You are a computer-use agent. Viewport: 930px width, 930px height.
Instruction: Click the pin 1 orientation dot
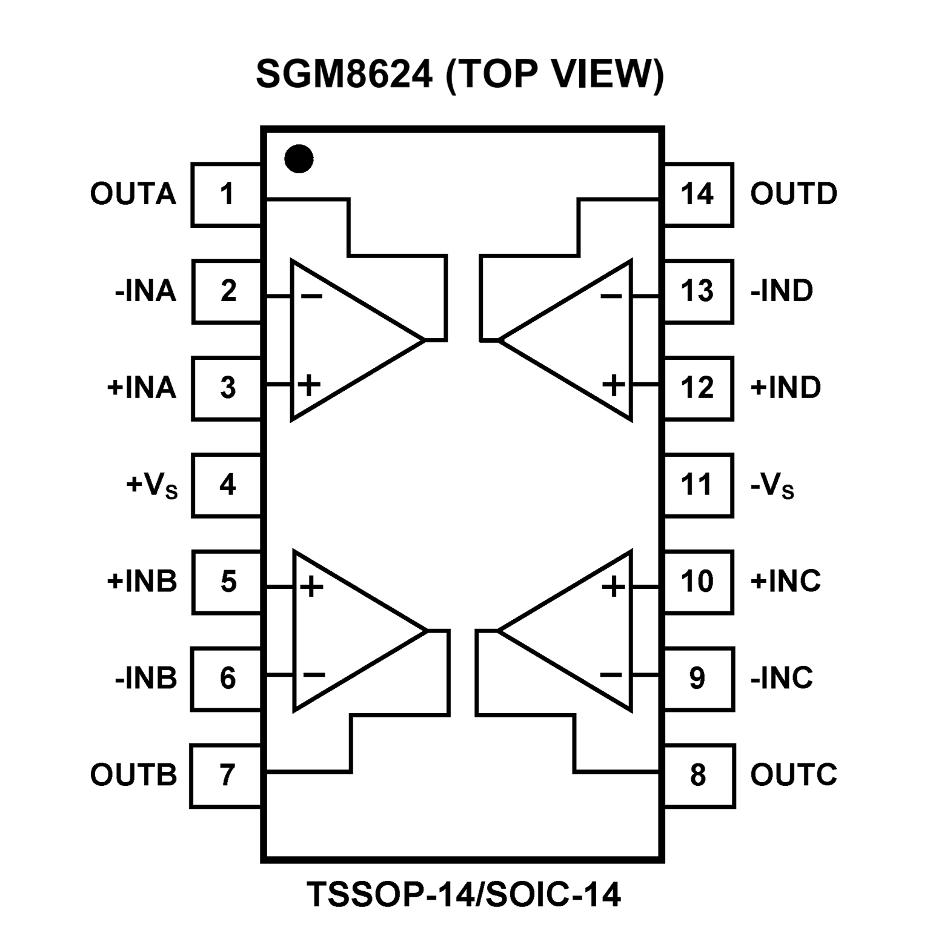click(299, 159)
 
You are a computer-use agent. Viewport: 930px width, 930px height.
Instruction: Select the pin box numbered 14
click(698, 194)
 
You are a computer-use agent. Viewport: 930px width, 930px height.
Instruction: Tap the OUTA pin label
click(133, 194)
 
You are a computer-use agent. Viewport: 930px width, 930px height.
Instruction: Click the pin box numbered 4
click(227, 485)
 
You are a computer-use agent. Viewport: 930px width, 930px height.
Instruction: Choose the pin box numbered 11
click(698, 485)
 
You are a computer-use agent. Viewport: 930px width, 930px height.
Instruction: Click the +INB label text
click(142, 581)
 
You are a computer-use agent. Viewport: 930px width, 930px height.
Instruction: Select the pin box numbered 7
click(226, 775)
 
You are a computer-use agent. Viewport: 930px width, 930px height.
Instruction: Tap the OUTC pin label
click(794, 775)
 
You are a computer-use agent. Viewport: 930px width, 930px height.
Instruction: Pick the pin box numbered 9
click(698, 678)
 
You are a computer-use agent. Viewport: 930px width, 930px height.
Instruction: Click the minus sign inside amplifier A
click(311, 296)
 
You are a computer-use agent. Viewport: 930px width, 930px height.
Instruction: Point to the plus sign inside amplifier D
click(613, 385)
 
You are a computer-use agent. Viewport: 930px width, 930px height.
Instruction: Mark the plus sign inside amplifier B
click(311, 586)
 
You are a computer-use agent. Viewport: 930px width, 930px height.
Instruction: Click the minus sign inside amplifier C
click(611, 674)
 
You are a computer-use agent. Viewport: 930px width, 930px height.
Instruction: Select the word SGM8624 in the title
click(344, 75)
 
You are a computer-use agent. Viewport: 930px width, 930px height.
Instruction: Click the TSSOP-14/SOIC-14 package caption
click(463, 894)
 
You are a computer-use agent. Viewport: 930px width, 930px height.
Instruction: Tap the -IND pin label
click(782, 291)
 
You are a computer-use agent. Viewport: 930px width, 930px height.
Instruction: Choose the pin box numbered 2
click(227, 291)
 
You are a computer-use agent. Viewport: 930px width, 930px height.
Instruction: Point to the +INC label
click(785, 581)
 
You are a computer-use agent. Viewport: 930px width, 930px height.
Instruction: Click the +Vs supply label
click(151, 485)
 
